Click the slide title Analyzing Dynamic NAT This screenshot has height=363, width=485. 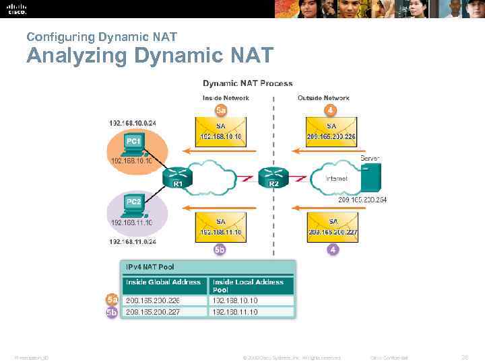150,55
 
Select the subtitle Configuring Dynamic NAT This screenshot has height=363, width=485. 101,37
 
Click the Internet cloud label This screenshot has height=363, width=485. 337,179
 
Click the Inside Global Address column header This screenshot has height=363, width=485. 164,282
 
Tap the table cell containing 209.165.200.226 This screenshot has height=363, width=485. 164,300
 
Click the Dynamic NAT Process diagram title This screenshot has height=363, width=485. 248,83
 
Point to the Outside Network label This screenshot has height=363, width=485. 323,98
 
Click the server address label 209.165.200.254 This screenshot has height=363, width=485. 362,200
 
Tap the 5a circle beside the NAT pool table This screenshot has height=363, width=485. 112,299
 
